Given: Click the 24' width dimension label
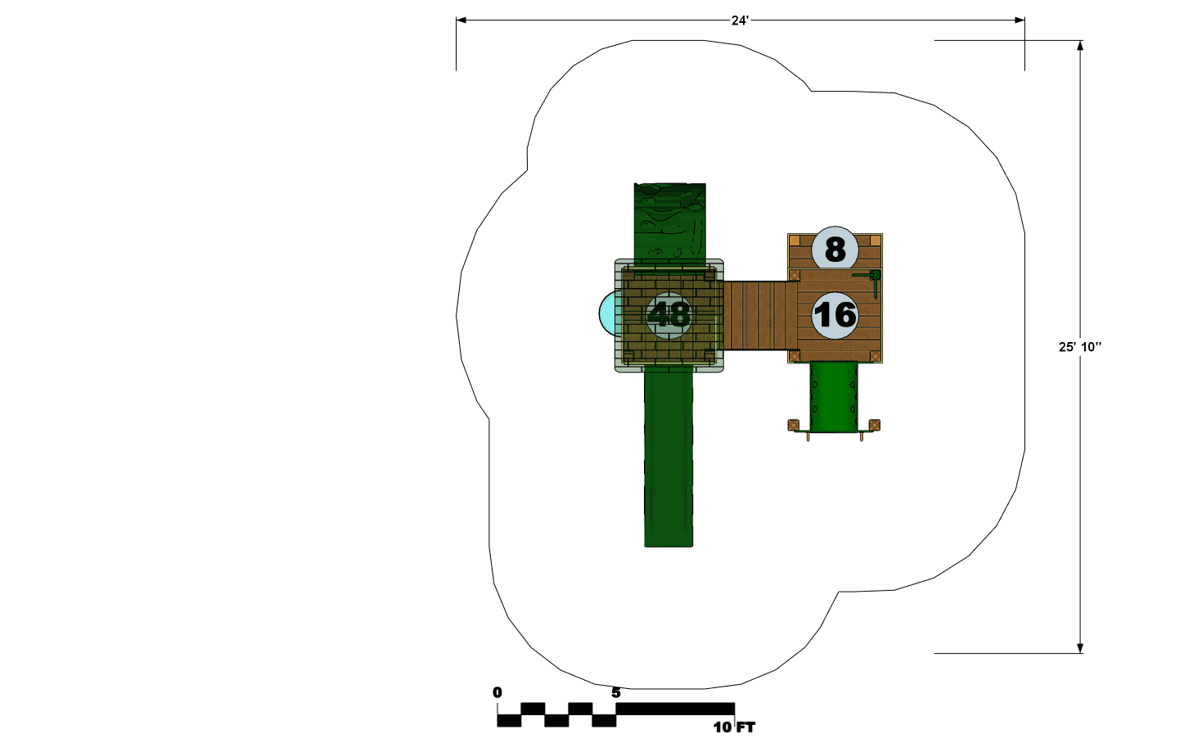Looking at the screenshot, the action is tap(740, 20).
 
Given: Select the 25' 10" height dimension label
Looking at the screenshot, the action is tap(1079, 347).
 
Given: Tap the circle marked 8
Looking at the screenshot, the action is tap(835, 250).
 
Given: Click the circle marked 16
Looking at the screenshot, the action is tap(835, 315).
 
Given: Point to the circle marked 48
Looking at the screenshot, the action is tap(669, 315).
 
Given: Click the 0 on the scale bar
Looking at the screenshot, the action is tap(497, 692).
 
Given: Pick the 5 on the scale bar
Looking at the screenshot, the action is tap(616, 692).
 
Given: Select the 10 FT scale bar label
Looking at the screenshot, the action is tap(734, 727).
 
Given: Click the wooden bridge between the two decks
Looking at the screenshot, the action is tap(756, 315).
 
